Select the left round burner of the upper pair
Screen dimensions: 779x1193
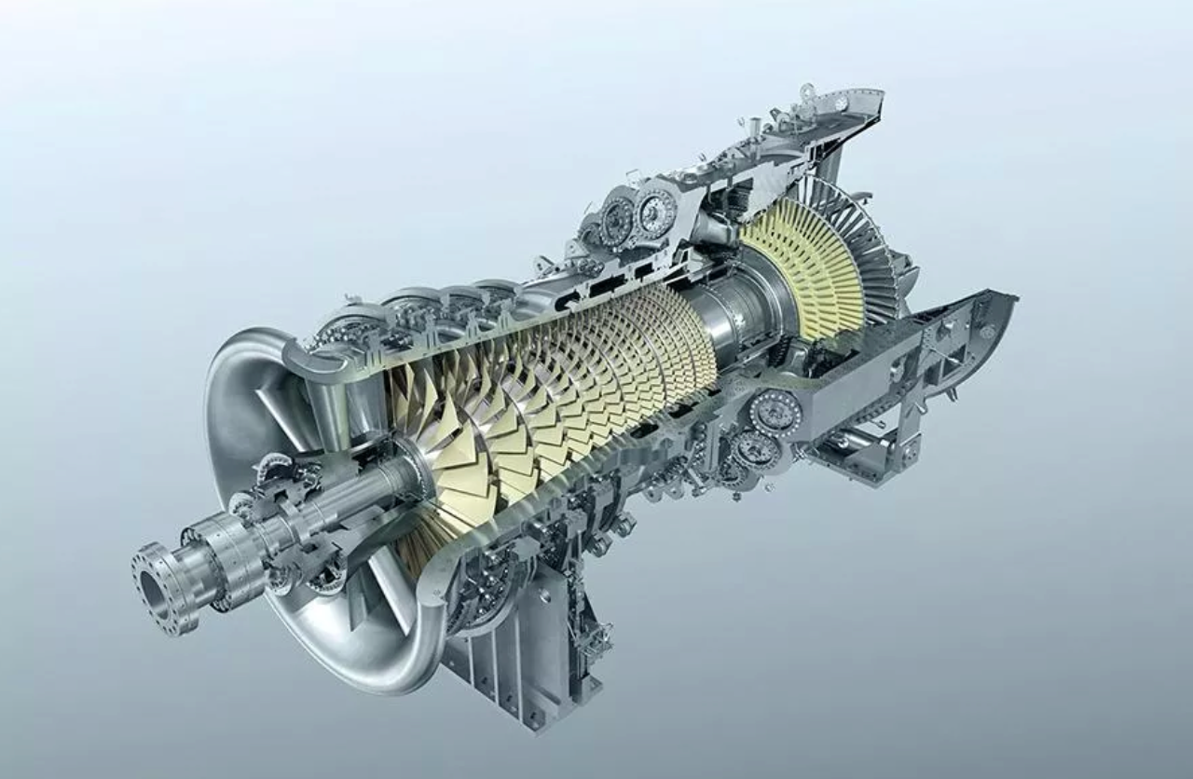[x=616, y=220]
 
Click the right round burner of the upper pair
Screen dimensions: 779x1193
[x=655, y=212]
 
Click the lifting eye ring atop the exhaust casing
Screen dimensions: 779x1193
[x=807, y=92]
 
